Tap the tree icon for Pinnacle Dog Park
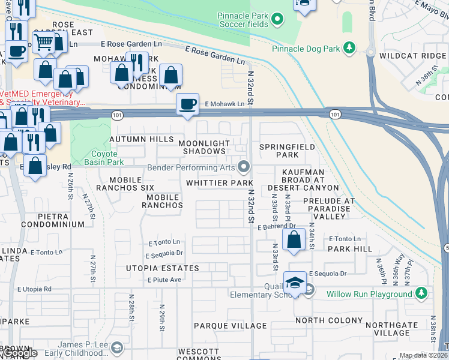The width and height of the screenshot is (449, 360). [348, 48]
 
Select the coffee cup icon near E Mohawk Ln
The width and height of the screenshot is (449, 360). [187, 104]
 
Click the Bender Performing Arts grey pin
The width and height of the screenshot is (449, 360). [243, 166]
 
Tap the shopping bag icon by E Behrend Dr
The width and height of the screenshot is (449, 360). [294, 240]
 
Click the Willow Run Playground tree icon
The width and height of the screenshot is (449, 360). [422, 293]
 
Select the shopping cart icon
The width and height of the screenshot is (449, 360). [43, 42]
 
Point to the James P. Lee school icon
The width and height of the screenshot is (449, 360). [118, 347]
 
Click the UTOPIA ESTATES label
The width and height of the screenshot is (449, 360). [162, 267]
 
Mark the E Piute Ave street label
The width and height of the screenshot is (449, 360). [164, 280]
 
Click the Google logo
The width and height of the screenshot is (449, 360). [19, 353]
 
